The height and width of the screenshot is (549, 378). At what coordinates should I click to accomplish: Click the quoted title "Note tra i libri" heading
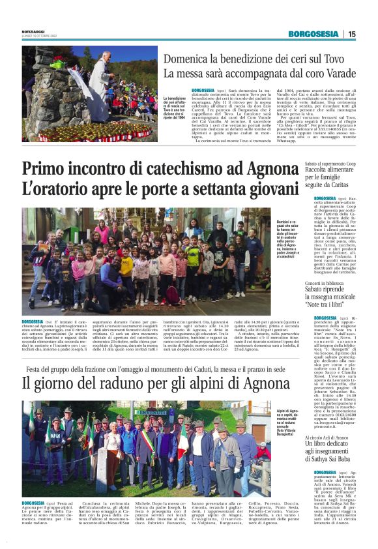[x=334, y=304]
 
